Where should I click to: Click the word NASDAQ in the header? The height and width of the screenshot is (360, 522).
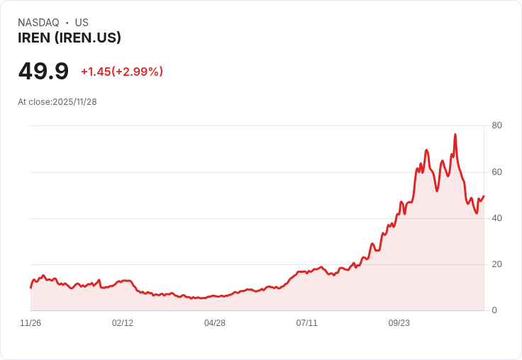(x=38, y=23)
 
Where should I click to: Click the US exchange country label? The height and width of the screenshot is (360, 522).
(x=82, y=23)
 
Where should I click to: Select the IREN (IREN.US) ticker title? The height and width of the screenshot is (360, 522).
(x=70, y=38)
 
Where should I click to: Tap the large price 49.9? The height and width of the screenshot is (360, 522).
(x=43, y=71)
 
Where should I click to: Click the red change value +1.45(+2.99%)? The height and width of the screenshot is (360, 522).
(x=122, y=72)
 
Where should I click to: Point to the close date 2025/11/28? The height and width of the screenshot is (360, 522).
(x=74, y=102)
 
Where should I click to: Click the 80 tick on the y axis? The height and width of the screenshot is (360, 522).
(x=496, y=126)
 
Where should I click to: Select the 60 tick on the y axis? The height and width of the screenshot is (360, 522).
(x=496, y=172)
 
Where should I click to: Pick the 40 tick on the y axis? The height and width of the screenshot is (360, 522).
(x=496, y=218)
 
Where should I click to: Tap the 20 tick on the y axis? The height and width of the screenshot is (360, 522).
(x=496, y=264)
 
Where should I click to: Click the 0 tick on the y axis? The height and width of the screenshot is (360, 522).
(x=494, y=310)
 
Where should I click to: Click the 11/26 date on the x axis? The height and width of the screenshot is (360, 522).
(x=30, y=323)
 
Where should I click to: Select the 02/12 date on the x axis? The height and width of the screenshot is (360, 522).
(x=123, y=323)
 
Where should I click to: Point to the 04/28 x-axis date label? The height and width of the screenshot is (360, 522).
(x=215, y=323)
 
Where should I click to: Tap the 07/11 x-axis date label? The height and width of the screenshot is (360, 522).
(x=306, y=323)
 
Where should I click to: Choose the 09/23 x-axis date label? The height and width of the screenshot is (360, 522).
(x=399, y=323)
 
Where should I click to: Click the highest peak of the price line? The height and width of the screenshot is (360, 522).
(x=455, y=134)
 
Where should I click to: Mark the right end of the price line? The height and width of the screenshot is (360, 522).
(x=484, y=196)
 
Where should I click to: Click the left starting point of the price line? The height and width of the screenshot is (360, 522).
(x=30, y=287)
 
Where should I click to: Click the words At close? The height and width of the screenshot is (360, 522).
(x=34, y=102)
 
